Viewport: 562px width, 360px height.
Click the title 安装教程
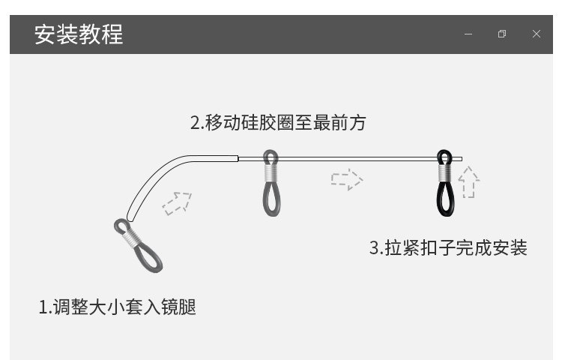click(x=79, y=34)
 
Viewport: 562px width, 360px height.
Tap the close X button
click(x=537, y=34)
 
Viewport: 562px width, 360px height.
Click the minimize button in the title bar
click(x=468, y=34)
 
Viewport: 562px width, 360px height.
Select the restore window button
click(x=502, y=34)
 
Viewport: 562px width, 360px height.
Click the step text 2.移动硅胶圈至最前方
click(x=278, y=122)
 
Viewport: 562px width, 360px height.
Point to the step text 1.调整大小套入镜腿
click(x=117, y=307)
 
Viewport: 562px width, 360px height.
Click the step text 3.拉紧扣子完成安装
click(x=448, y=247)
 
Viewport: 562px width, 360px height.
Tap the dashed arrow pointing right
click(x=347, y=179)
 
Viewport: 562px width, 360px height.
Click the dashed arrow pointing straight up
click(x=468, y=182)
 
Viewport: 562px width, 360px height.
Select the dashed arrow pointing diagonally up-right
click(x=178, y=202)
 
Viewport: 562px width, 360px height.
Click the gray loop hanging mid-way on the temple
click(x=271, y=197)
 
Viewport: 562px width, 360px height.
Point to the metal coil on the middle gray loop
click(x=271, y=172)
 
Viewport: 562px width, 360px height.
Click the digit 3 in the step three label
click(x=374, y=248)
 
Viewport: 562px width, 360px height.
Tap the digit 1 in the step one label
click(x=43, y=307)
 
